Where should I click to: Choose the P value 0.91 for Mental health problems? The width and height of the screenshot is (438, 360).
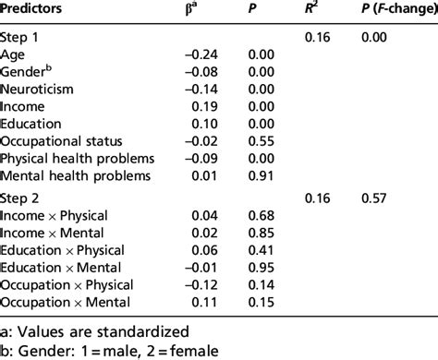tap(263, 174)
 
